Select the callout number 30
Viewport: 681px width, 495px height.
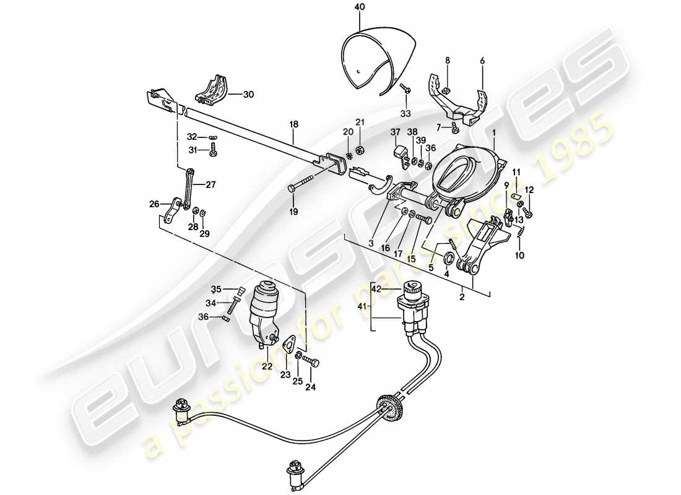pyautogui.click(x=248, y=95)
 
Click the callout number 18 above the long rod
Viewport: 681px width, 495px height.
pyautogui.click(x=294, y=124)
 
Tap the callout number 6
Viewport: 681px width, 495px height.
pyautogui.click(x=482, y=60)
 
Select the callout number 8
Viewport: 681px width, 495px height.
pyautogui.click(x=446, y=60)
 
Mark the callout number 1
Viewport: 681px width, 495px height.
pyautogui.click(x=494, y=132)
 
